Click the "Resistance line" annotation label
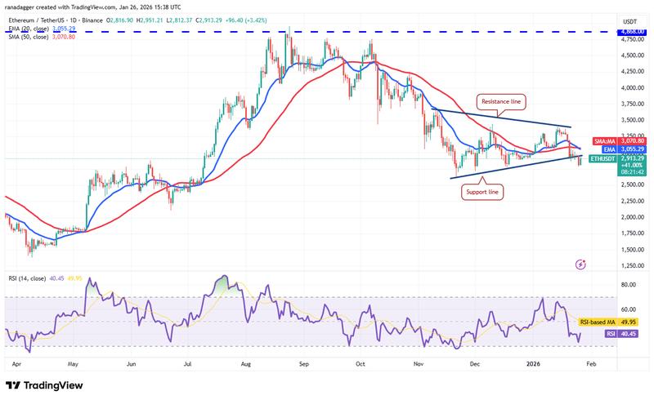click(500, 101)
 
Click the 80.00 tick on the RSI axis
click(629, 285)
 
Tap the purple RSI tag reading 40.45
click(629, 334)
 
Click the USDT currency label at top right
click(629, 21)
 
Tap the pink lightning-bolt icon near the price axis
click(580, 264)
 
